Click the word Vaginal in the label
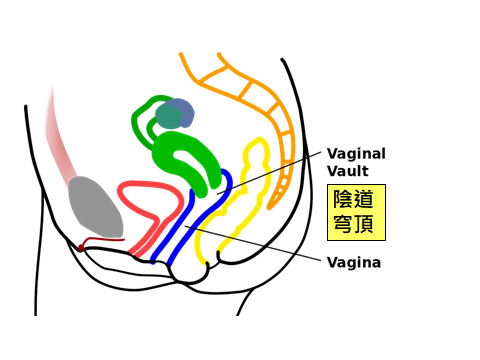pos(356,154)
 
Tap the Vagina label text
pos(353,264)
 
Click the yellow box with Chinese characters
pos(357,212)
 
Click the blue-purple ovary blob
pos(176,115)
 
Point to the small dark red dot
pos(81,247)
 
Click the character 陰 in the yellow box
pos(345,199)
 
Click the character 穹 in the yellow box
pos(345,225)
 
